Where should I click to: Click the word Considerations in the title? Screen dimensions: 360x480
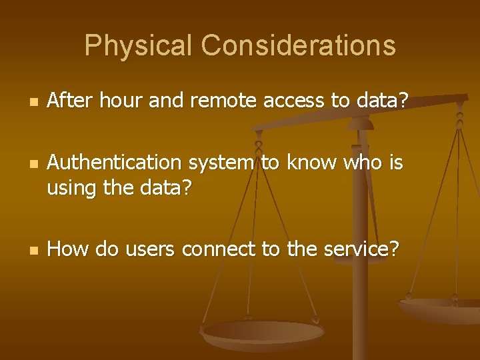(298, 46)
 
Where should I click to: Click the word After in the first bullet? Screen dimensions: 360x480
(69, 101)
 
